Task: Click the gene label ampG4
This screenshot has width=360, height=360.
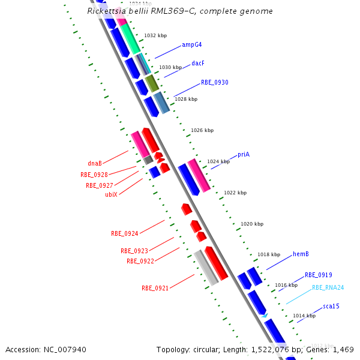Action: (x=192, y=45)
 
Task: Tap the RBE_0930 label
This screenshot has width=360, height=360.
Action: (x=214, y=82)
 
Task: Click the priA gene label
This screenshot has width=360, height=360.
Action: (x=243, y=155)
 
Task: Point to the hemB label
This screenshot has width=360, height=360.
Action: (x=301, y=254)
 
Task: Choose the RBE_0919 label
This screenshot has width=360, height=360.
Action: (x=318, y=275)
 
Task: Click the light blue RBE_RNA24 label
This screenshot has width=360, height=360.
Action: (x=328, y=287)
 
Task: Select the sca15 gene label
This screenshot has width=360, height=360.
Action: (x=331, y=307)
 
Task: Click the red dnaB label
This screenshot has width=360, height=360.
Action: (x=95, y=163)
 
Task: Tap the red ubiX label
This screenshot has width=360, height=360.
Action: (x=111, y=194)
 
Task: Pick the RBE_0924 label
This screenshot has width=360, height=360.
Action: (x=124, y=233)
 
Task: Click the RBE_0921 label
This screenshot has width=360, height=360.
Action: (x=155, y=288)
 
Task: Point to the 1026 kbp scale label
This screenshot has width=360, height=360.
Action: (x=202, y=130)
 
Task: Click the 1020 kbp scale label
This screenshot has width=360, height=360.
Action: (x=252, y=224)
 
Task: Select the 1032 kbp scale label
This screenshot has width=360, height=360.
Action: (x=155, y=36)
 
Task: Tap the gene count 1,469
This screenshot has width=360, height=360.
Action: (x=343, y=349)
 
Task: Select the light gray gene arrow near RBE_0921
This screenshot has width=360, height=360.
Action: (x=206, y=268)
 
